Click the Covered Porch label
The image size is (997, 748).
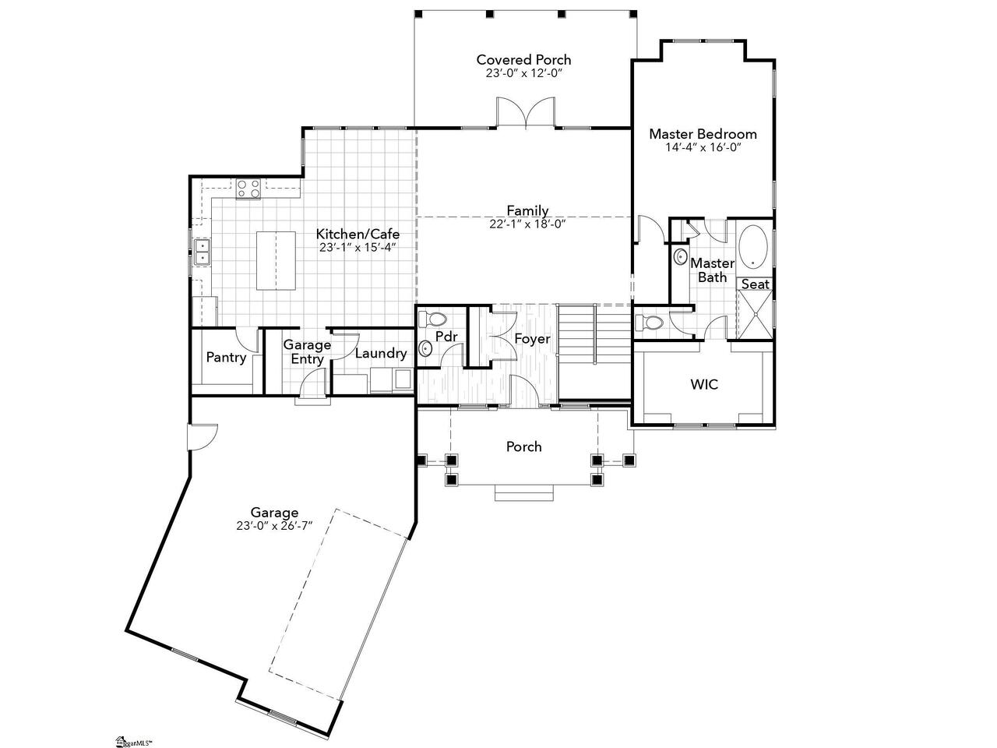pos(523,59)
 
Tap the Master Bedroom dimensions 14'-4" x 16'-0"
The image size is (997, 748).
pos(703,147)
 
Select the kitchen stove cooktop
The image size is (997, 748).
pos(248,189)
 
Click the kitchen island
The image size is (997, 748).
pos(276,260)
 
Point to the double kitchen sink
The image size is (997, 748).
pos(202,252)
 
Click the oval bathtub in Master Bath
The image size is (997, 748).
pos(752,247)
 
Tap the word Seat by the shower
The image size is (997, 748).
pos(755,284)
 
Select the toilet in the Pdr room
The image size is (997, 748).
pos(432,319)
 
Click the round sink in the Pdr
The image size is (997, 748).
pos(425,349)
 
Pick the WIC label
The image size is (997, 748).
pos(704,384)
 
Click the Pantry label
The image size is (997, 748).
pos(226,358)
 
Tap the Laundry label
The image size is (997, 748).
pos(381,353)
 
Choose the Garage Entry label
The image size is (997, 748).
pos(307,351)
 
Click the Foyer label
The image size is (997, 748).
pos(532,339)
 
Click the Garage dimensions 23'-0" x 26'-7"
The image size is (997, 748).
pos(274,526)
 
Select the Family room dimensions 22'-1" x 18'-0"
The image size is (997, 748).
pos(527,224)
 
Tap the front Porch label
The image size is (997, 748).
pos(523,446)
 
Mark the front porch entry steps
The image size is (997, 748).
pos(523,493)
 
